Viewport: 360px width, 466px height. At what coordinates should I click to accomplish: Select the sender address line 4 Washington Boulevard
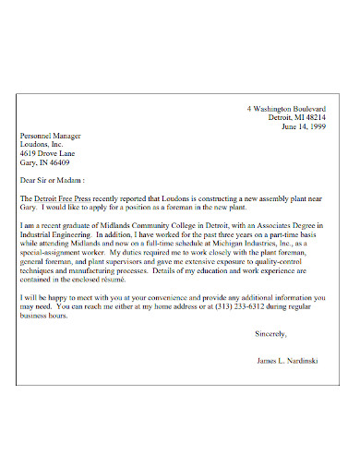coord(286,109)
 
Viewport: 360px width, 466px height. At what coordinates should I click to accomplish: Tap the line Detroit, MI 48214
coord(296,117)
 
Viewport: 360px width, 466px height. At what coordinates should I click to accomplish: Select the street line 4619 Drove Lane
coord(50,152)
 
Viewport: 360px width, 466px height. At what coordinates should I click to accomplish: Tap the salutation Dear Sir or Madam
coord(56,181)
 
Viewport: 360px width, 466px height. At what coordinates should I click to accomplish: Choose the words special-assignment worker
coord(63,253)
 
